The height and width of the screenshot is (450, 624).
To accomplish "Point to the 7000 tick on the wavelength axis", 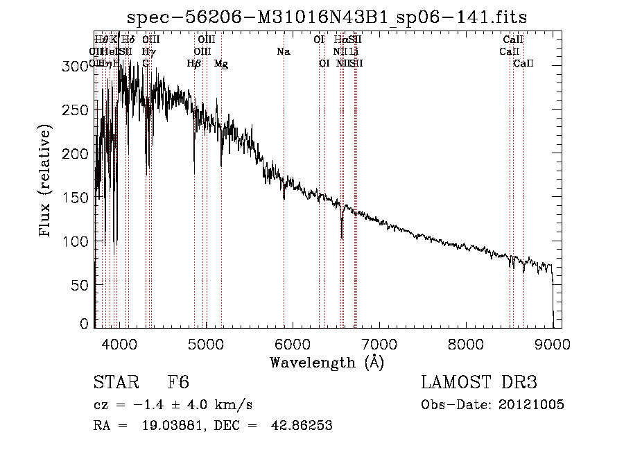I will [x=379, y=343].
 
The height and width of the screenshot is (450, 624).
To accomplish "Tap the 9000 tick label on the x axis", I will [x=552, y=343].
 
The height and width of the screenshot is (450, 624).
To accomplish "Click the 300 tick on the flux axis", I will [x=73, y=67].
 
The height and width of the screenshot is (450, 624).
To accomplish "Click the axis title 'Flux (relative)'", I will [x=46, y=182].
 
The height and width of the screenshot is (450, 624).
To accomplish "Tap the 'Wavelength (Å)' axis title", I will [x=327, y=362].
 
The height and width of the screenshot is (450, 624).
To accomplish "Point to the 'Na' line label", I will [x=283, y=52].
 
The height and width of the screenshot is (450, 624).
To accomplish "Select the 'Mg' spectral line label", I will [x=221, y=64].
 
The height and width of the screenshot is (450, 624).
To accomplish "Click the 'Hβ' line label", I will [x=194, y=64].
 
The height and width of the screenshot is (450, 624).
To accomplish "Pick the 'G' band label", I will [x=146, y=64].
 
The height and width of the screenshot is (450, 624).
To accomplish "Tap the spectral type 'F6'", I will [x=178, y=383].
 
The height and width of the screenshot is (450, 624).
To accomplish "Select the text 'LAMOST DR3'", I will [x=479, y=383].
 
